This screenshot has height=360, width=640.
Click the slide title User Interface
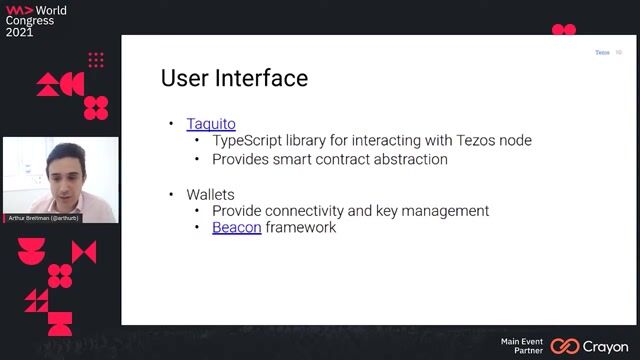[x=234, y=78]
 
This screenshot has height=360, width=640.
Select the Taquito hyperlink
[x=211, y=124]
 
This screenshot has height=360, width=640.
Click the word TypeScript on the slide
[x=251, y=141]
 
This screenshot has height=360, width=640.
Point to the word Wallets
[x=211, y=193]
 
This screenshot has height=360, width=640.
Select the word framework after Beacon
[x=301, y=227]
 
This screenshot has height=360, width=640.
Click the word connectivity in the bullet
[x=318, y=211]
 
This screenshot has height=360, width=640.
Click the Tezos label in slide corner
[x=602, y=52]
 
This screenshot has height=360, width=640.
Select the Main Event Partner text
[x=522, y=346]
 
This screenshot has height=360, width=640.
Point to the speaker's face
[x=63, y=170]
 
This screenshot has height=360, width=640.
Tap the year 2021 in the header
[x=20, y=32]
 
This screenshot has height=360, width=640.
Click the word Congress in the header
[x=31, y=20]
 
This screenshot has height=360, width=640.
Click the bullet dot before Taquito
[x=171, y=124]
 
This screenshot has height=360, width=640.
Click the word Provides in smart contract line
[x=240, y=159]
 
